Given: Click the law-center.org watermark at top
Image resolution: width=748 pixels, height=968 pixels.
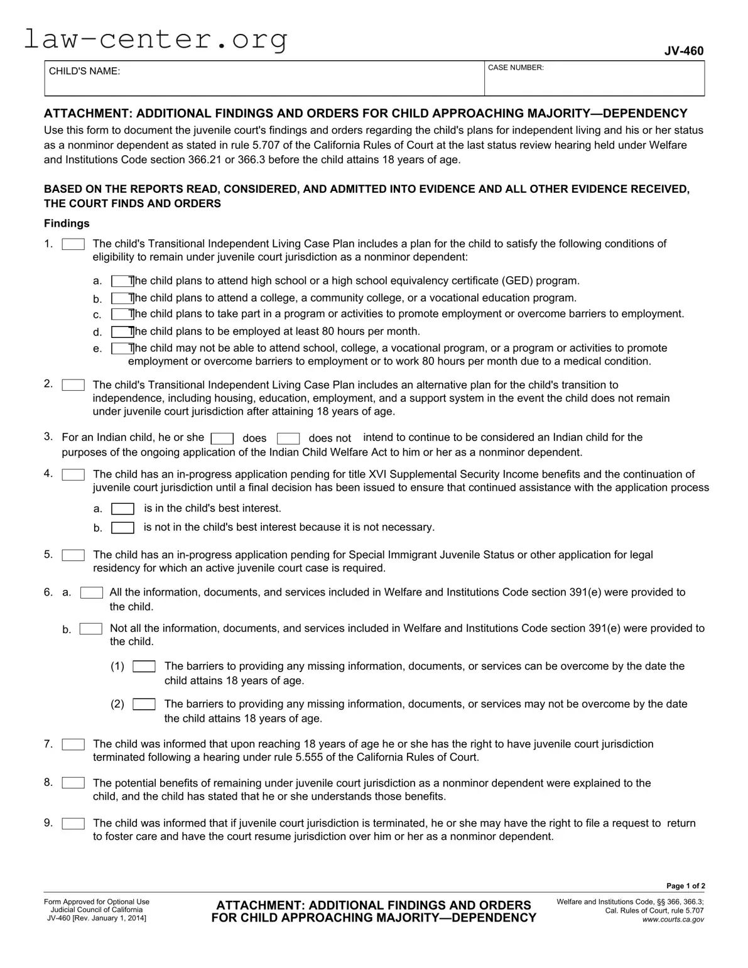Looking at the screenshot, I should click(x=156, y=40).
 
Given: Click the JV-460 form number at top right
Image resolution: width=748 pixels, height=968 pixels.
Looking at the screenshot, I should click(x=684, y=51).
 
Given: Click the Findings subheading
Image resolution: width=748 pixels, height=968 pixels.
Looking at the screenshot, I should click(x=67, y=224).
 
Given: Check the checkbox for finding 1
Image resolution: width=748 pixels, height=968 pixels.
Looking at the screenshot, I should click(x=73, y=244).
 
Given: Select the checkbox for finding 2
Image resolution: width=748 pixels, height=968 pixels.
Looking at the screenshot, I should click(x=73, y=385).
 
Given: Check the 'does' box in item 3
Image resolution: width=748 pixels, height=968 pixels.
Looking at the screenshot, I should click(x=222, y=438).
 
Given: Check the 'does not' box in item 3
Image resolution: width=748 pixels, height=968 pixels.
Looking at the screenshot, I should click(x=288, y=438).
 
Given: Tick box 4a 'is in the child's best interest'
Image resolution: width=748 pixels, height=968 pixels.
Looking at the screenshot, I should click(x=122, y=509).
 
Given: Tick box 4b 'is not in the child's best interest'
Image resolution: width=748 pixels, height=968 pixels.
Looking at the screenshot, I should click(x=122, y=528).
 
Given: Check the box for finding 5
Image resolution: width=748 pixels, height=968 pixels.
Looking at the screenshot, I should click(x=73, y=555).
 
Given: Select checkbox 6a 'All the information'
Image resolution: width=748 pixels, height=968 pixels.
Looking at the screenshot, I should click(x=92, y=592).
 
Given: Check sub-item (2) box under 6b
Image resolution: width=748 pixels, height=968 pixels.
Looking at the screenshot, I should click(x=144, y=704).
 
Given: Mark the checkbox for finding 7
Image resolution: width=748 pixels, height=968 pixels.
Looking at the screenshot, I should click(x=73, y=744).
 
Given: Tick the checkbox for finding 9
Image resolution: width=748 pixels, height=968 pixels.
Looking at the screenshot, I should click(x=73, y=824).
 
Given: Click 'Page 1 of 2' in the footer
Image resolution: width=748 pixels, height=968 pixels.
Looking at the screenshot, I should click(x=685, y=886).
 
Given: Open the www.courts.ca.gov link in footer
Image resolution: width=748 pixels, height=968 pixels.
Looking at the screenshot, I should click(x=673, y=920).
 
